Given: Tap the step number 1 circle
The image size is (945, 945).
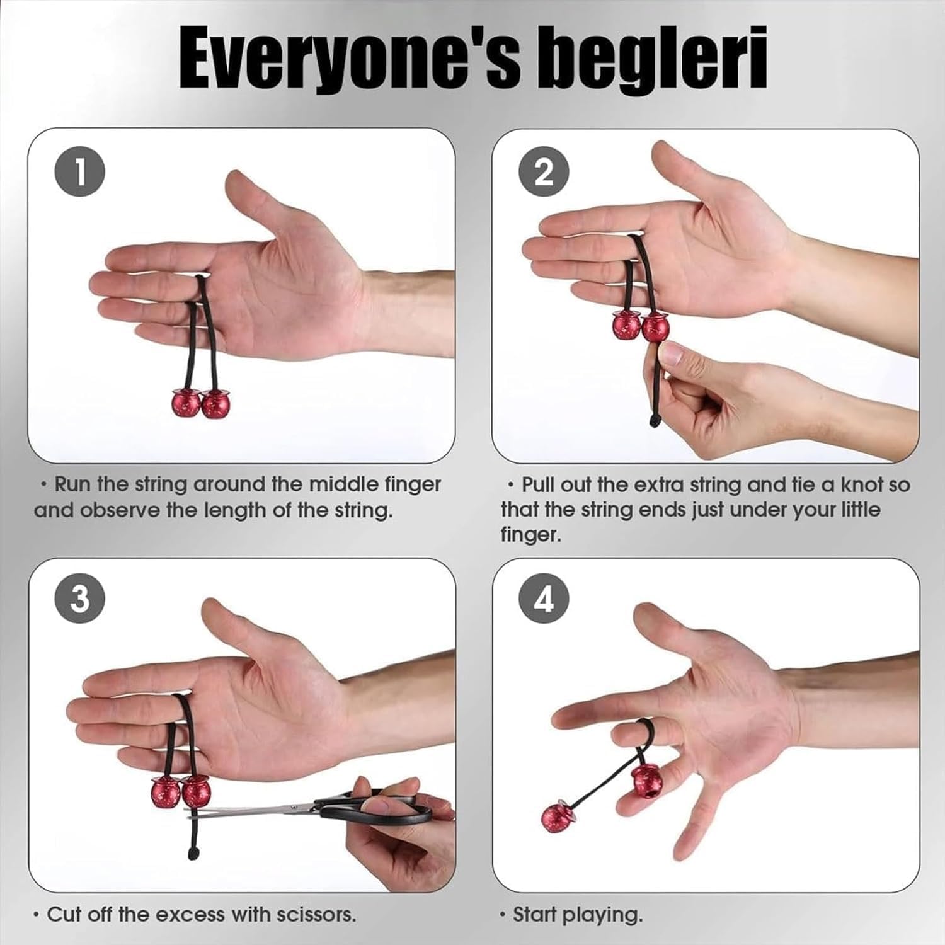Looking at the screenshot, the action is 80,171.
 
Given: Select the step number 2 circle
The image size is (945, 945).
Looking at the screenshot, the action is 544,171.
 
